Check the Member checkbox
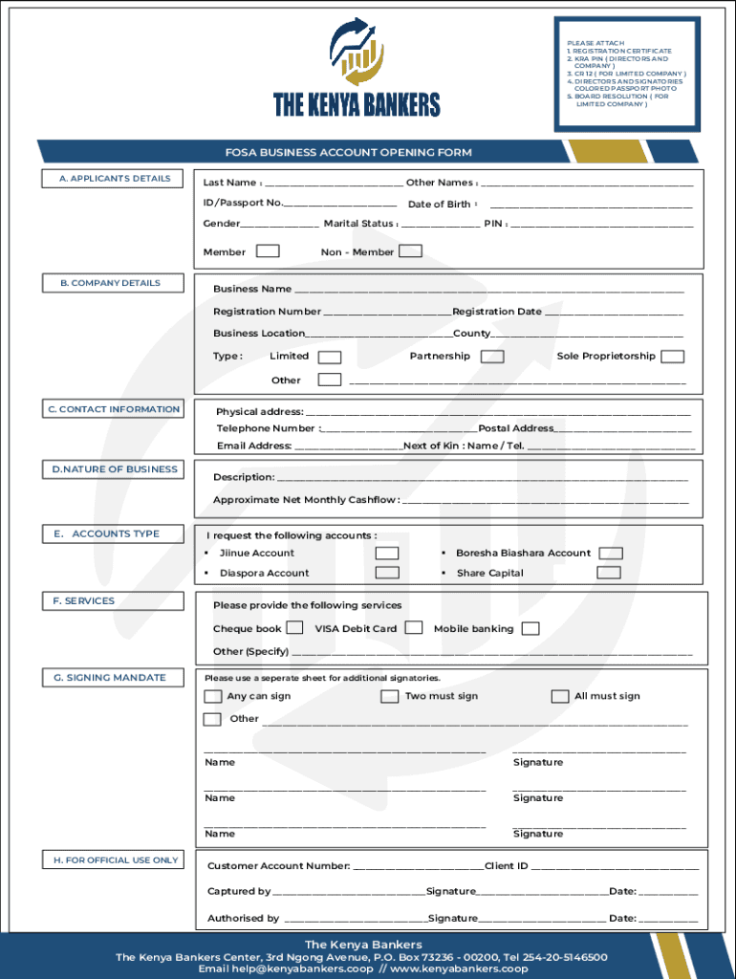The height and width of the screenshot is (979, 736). tap(268, 251)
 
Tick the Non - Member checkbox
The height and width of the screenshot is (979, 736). tap(410, 251)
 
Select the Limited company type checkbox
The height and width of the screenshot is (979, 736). tap(329, 357)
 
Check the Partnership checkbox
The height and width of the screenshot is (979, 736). tap(492, 357)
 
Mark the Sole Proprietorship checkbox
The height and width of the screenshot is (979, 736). tap(673, 357)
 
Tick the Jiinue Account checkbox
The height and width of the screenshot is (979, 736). tap(387, 554)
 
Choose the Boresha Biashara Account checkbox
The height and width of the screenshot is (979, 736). tap(611, 554)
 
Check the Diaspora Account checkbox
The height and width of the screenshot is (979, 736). tap(387, 573)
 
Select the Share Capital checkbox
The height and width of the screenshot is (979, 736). tap(608, 573)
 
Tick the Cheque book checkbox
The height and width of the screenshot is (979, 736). tap(295, 628)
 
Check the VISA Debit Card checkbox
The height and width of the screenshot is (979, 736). tap(414, 628)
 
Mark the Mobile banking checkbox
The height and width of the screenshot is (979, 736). tap(530, 628)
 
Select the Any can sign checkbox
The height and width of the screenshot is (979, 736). tap(213, 696)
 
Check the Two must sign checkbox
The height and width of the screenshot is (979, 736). tap(389, 696)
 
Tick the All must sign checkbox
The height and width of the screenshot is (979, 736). tap(560, 696)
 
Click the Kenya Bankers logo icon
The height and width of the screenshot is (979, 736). tap(357, 53)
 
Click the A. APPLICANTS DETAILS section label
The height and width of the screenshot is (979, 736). tap(115, 179)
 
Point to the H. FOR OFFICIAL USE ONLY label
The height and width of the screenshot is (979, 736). tap(115, 860)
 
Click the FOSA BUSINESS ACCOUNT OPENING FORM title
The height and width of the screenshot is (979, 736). tap(348, 152)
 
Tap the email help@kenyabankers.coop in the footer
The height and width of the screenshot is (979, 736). tap(286, 968)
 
